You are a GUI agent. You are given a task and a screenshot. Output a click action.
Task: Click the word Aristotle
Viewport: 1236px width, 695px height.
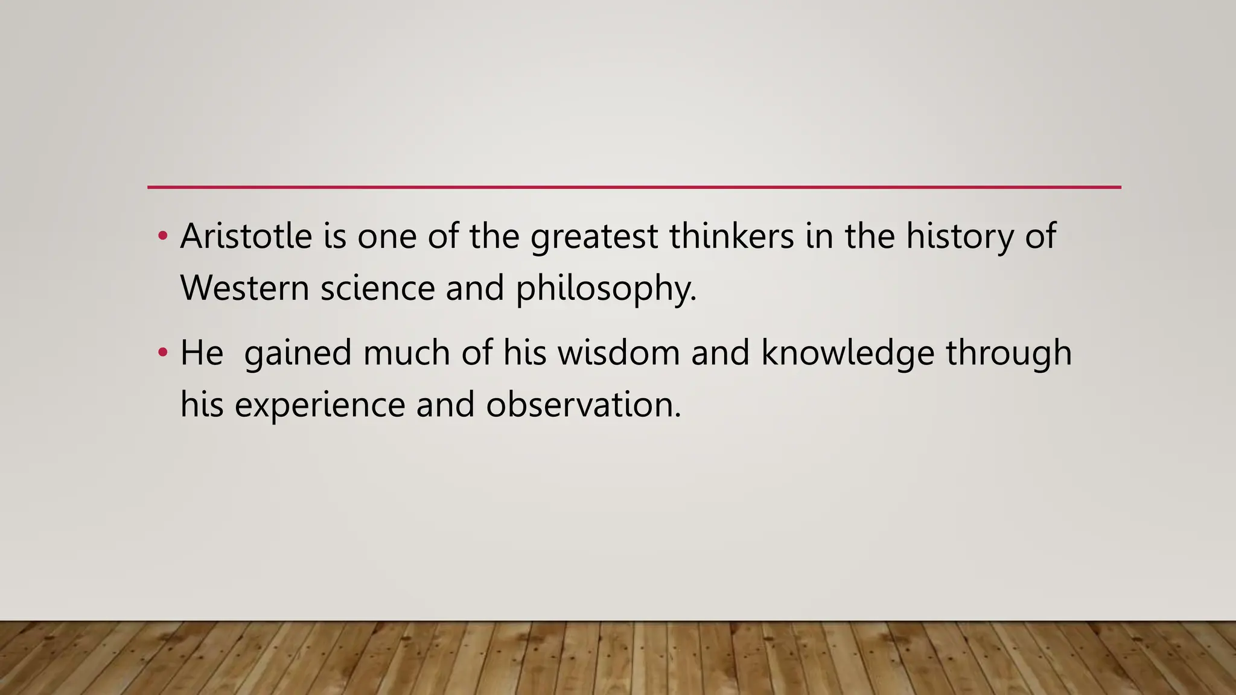(x=246, y=236)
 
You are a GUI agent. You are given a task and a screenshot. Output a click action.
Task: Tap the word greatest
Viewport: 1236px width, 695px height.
(x=594, y=237)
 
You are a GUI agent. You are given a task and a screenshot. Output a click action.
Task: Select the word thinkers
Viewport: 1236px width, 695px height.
(x=731, y=236)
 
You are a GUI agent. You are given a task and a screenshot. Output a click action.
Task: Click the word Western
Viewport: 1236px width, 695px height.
(x=244, y=288)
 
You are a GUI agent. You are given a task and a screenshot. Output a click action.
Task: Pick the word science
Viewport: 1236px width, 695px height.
(x=377, y=288)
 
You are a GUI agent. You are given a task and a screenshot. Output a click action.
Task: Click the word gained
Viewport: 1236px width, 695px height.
(x=298, y=354)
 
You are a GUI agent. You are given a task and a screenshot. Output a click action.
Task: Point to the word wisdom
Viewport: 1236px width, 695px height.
(x=619, y=352)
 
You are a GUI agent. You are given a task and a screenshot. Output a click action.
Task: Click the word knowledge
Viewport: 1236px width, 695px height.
(x=847, y=354)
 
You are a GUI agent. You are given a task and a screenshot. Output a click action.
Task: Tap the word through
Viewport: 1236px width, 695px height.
(x=1008, y=354)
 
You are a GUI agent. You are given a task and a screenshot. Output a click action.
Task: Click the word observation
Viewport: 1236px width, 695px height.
(x=583, y=405)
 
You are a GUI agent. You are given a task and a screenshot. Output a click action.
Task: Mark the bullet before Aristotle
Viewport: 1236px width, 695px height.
(x=162, y=236)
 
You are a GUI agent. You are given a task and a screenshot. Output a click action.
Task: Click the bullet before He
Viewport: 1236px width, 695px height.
(x=162, y=352)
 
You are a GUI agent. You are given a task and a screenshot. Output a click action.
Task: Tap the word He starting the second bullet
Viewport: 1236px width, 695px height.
(x=202, y=352)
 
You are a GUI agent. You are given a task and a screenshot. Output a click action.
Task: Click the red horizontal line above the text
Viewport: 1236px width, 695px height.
(x=634, y=188)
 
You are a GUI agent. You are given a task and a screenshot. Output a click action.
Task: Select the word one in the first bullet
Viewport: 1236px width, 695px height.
(x=387, y=237)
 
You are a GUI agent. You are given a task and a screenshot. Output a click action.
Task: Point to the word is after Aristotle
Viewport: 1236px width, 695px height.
(x=335, y=236)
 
